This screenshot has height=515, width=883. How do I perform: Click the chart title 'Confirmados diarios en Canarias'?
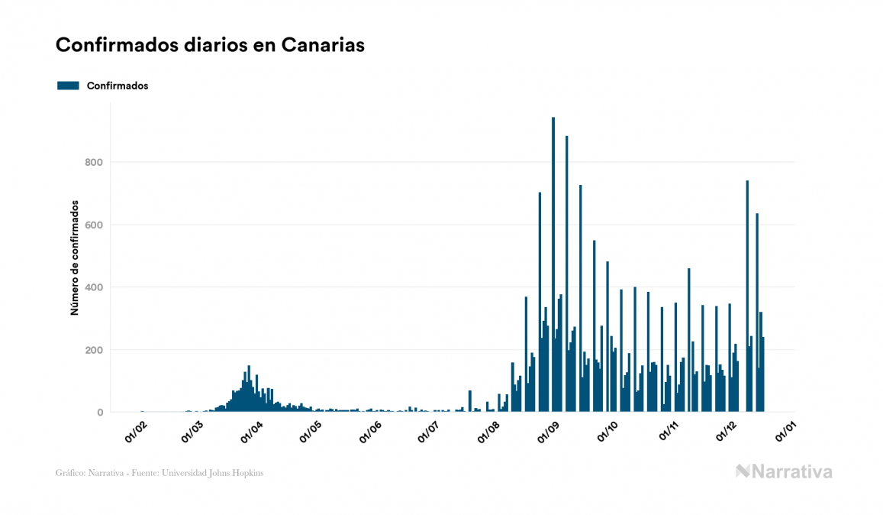(210, 45)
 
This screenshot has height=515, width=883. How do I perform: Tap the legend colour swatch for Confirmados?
(68, 86)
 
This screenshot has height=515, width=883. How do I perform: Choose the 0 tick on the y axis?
(99, 413)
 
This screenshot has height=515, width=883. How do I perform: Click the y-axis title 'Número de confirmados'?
(75, 258)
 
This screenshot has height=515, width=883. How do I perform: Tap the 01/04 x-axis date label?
(251, 430)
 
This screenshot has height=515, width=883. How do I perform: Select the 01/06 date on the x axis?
(369, 430)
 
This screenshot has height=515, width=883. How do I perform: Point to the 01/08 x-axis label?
(488, 430)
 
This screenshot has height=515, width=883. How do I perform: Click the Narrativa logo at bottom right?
(784, 471)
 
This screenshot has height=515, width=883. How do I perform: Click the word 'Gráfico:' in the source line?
(69, 473)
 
